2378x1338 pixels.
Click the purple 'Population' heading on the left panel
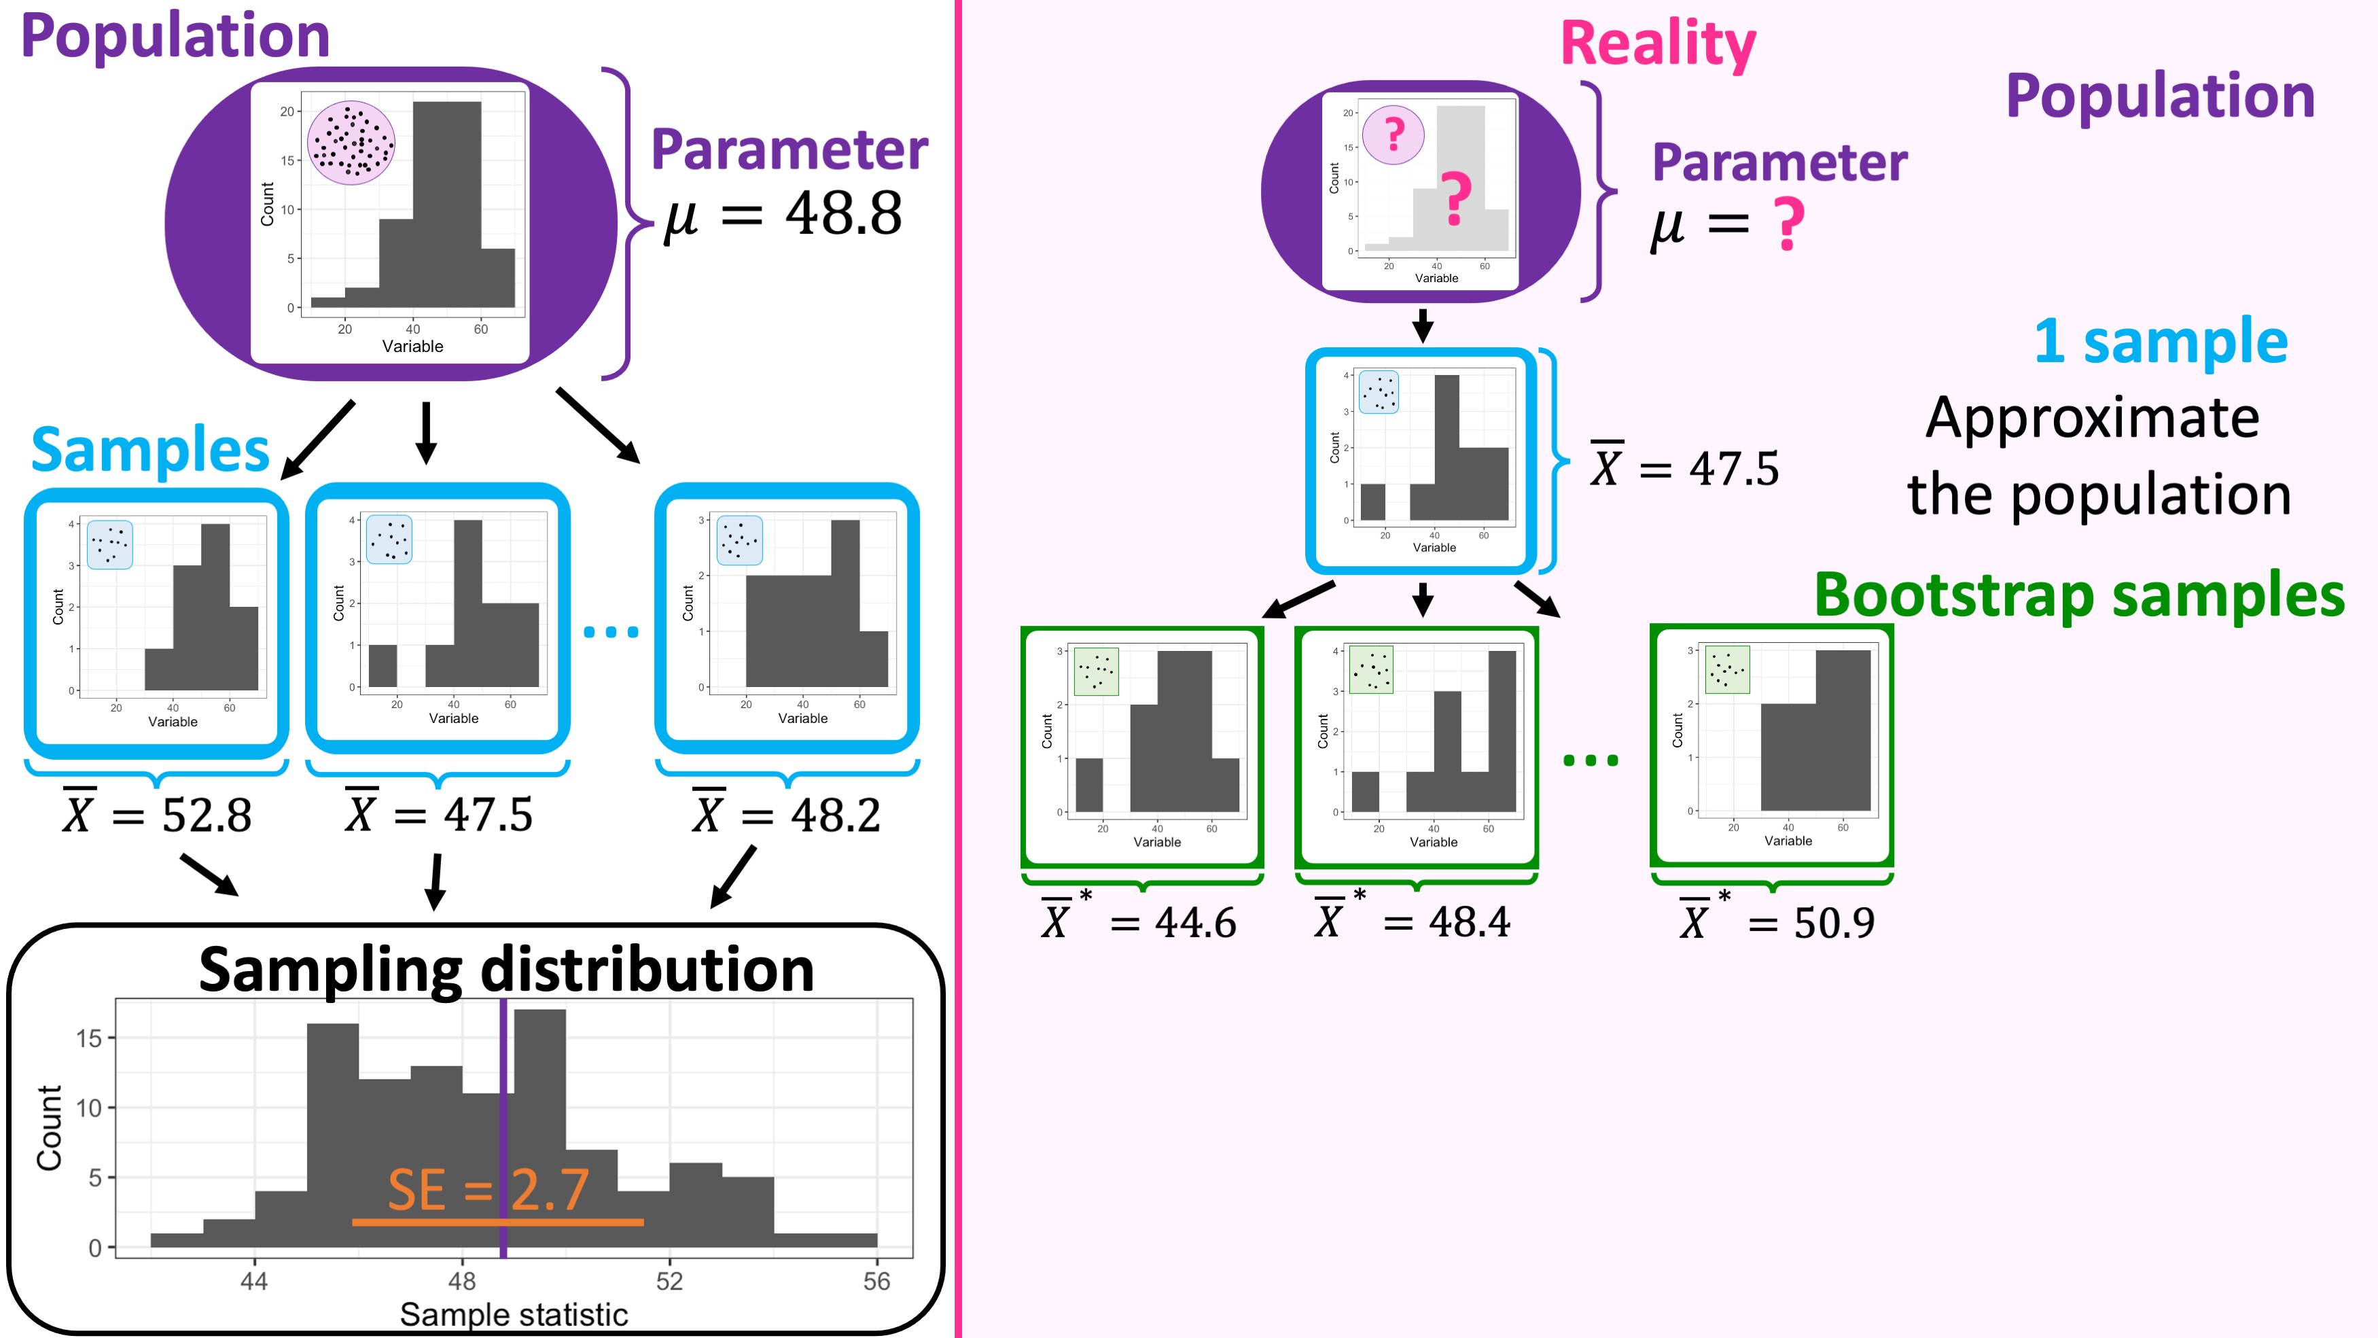[x=175, y=37]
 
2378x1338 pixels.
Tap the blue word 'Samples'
[x=149, y=451]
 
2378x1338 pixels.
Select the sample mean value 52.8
[x=207, y=815]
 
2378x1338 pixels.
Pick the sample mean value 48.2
[x=836, y=815]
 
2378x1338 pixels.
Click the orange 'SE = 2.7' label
[x=489, y=1189]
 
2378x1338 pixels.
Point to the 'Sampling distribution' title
[x=507, y=970]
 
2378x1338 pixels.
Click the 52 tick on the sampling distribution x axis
[x=669, y=1281]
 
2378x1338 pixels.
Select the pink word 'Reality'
[x=1658, y=44]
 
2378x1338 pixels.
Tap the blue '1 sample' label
[x=2161, y=340]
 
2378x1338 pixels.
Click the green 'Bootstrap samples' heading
[x=2080, y=595]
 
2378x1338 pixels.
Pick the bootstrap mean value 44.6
[x=1196, y=923]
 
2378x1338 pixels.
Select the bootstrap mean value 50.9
[x=1834, y=923]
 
